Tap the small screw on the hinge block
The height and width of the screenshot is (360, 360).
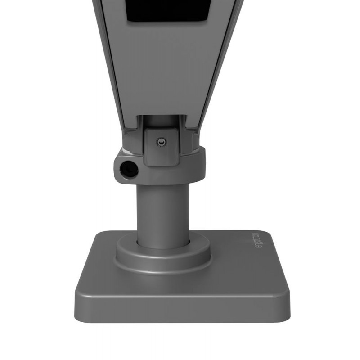point(160,142)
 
